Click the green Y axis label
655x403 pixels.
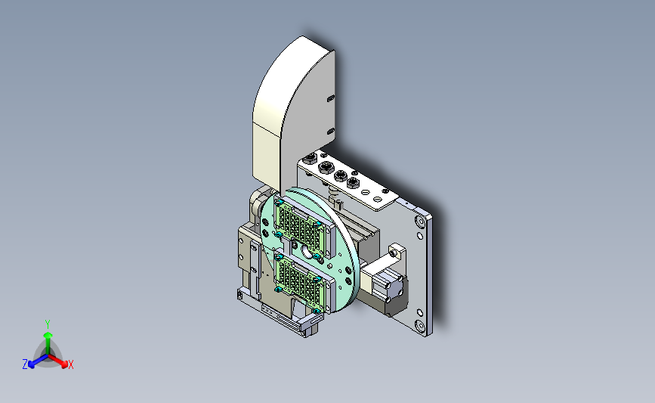pos(48,324)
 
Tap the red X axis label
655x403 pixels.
pos(70,364)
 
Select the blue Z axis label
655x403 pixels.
pos(25,364)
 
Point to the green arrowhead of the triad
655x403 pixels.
pos(48,335)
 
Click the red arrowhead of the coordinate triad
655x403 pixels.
pos(64,364)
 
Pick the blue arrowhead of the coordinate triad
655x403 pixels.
pos(32,364)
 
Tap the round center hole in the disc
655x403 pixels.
pos(306,252)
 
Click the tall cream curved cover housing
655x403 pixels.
pos(292,113)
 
